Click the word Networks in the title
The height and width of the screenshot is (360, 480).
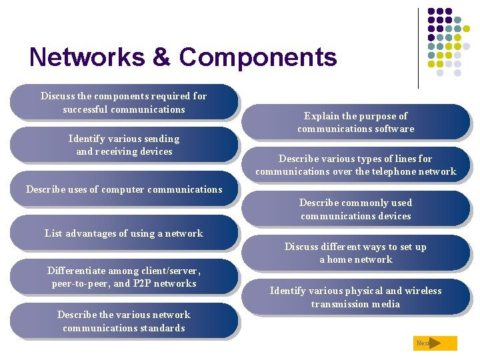87,57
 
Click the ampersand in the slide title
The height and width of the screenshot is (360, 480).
161,57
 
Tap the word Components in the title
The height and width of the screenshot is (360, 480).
257,57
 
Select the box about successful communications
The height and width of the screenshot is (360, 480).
124,102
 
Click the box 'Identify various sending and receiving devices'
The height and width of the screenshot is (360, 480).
124,145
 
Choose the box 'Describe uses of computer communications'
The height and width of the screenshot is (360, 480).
124,189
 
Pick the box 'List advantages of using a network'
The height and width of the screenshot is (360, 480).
124,233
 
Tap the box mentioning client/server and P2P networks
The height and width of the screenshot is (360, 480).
124,277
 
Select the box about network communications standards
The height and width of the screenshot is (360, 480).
124,321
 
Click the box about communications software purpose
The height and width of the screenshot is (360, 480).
356,122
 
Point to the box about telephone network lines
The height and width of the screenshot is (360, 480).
356,165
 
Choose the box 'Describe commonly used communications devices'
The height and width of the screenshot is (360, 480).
356,209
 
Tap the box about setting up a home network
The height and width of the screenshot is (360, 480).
356,253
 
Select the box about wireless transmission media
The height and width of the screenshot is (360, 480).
356,297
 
